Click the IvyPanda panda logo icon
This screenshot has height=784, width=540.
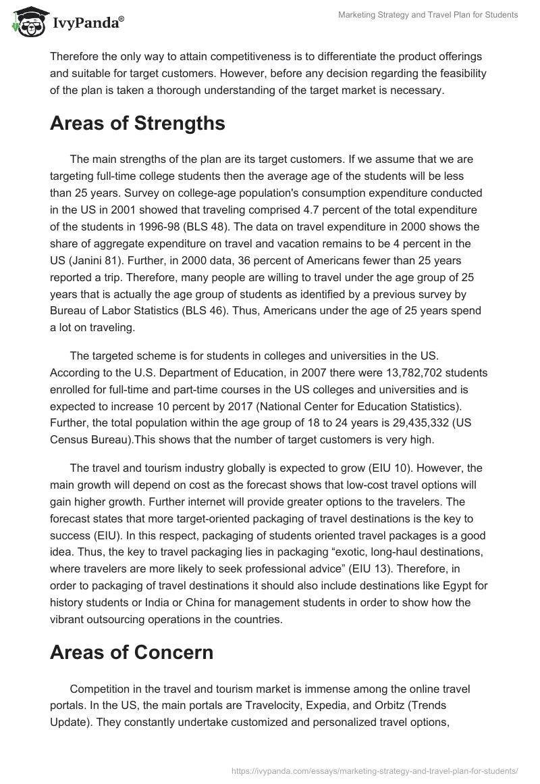pos(27,22)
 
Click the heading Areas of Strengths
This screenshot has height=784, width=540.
pos(137,124)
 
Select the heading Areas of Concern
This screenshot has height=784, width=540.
pos(132,652)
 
